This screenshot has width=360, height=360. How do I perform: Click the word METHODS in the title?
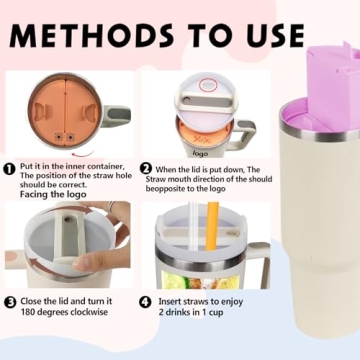(x=92, y=35)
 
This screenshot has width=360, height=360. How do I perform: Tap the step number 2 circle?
(x=145, y=169)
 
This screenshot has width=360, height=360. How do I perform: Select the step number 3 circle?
(x=10, y=302)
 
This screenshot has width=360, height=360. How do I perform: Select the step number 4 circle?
(x=144, y=302)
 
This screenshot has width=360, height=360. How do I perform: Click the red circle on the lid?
(x=208, y=85)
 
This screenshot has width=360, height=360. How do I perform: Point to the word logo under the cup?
(x=200, y=154)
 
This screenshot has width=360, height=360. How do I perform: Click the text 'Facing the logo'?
(x=53, y=194)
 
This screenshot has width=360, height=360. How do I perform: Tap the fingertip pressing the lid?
(x=81, y=264)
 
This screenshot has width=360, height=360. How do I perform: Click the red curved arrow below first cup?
(x=83, y=153)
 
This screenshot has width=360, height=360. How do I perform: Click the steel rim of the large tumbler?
(x=319, y=133)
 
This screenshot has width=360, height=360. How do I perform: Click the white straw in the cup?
(x=194, y=226)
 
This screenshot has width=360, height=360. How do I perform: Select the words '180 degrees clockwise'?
(x=64, y=312)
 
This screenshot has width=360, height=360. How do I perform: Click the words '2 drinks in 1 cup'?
(x=191, y=313)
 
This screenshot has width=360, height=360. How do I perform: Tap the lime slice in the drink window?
(x=184, y=281)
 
